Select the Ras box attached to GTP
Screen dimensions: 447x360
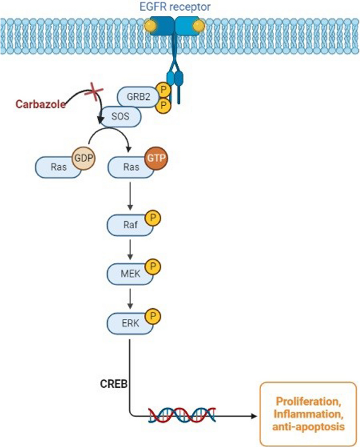(x=126, y=168)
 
